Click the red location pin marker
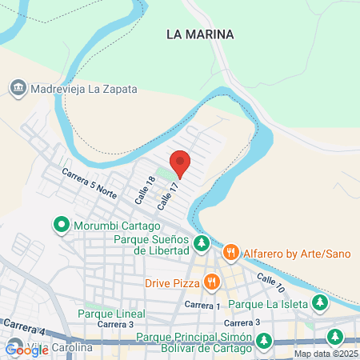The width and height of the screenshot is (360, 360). coord(180,162)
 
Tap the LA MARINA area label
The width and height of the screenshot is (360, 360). coord(200,34)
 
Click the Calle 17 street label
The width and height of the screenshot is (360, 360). coord(167,195)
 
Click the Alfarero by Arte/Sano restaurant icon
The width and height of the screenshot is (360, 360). coord(230,253)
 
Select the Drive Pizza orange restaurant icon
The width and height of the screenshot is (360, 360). coord(211,282)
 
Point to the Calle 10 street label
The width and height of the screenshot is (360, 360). coord(270,282)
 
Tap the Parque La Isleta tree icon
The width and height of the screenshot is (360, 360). coord(320,303)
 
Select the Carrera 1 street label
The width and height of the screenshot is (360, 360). coord(202,306)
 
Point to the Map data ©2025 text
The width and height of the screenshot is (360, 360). coord(326,354)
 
